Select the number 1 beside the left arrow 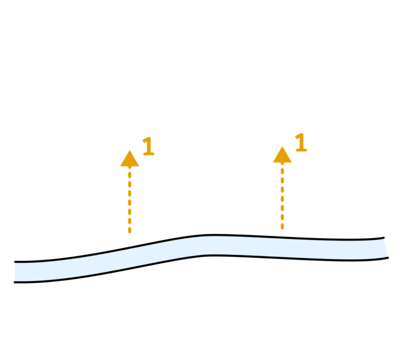coord(147,147)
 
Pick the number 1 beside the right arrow coord(300,143)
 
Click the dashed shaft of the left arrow coord(129,202)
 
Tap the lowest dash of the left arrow coord(129,230)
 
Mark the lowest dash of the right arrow coord(282,226)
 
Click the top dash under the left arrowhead coord(129,175)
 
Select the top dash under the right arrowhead coord(282,170)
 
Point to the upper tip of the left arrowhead coord(129,150)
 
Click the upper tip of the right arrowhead coord(282,146)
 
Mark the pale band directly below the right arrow coord(282,247)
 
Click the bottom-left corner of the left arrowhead coord(120,166)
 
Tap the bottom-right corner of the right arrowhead coord(292,162)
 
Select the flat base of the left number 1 coord(149,155)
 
